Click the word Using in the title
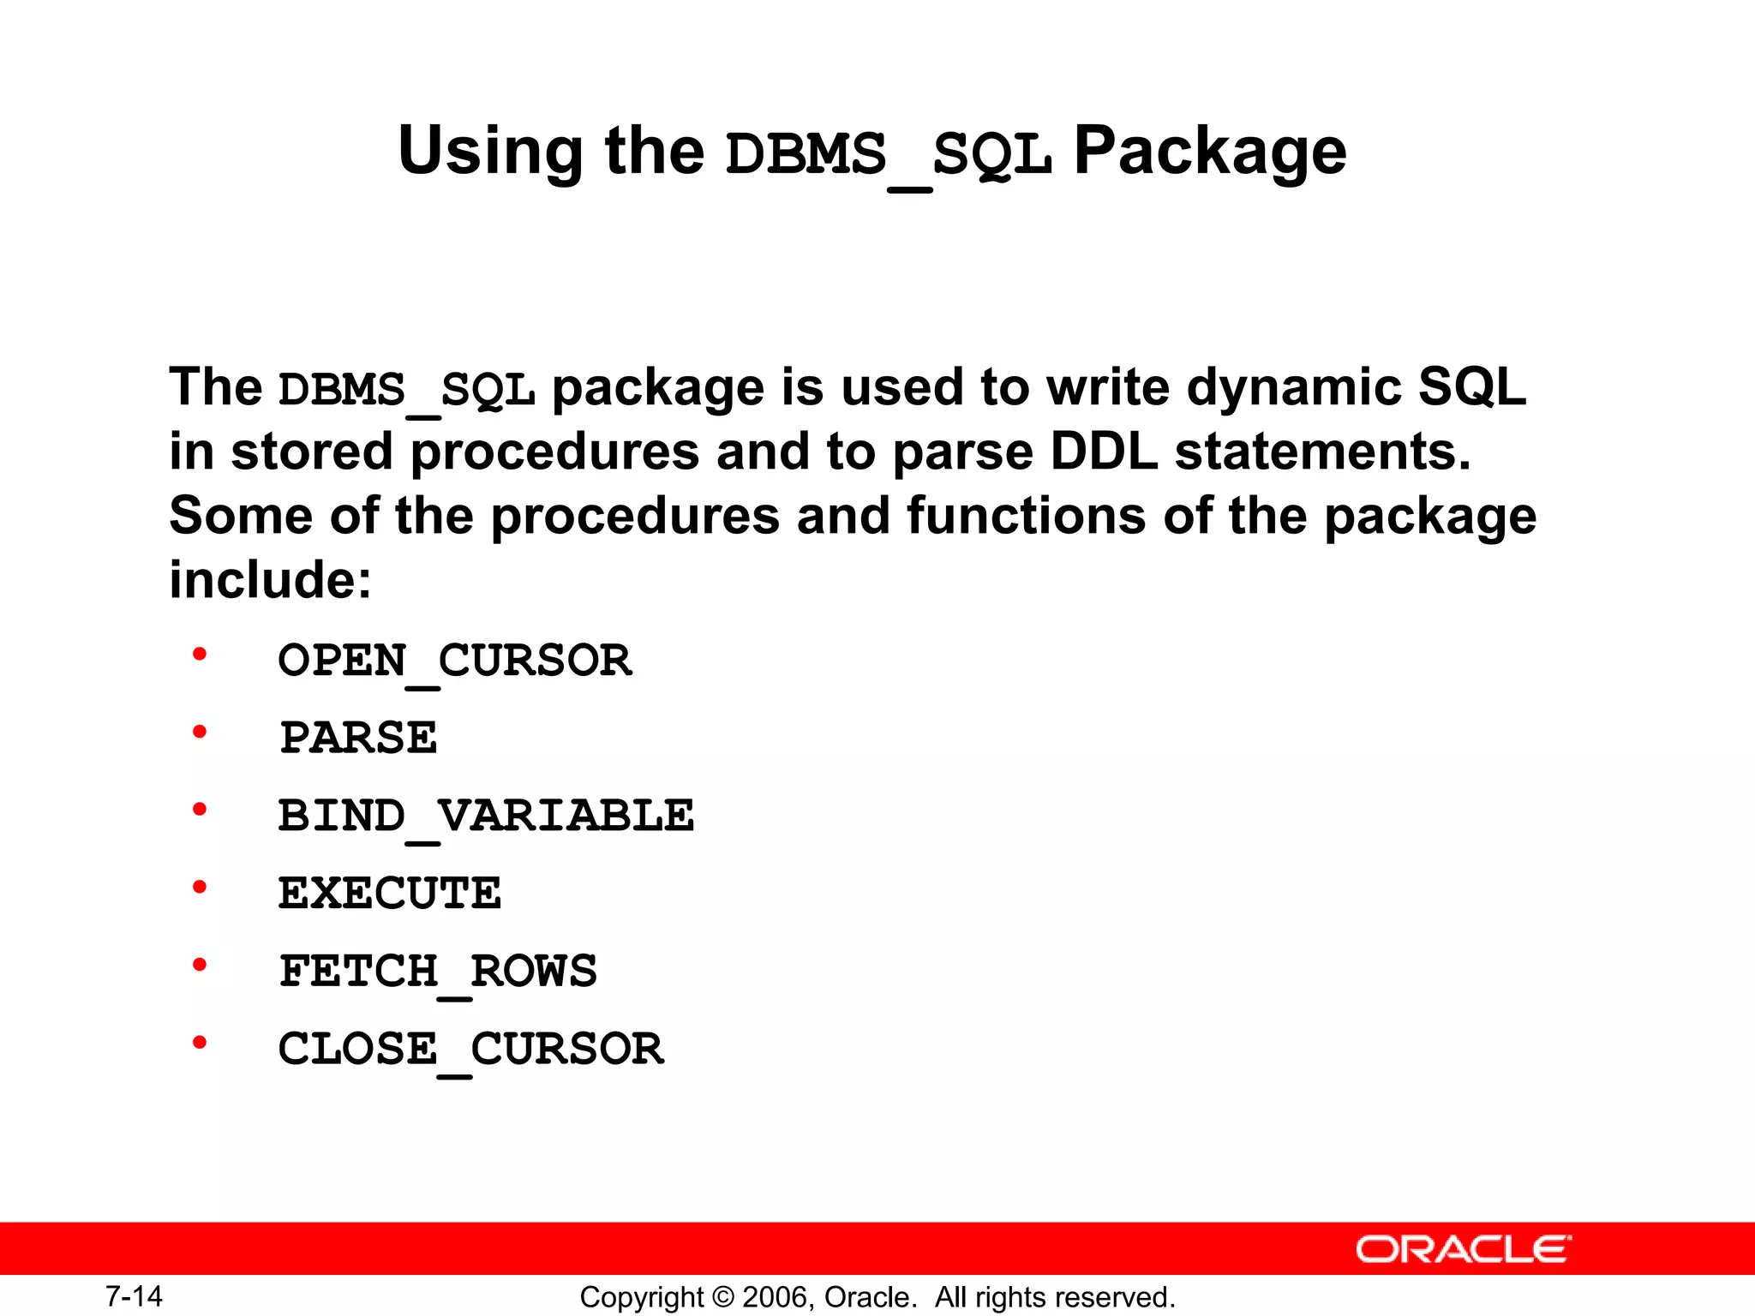point(490,151)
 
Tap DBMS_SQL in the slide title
point(889,155)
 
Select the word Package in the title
point(1209,151)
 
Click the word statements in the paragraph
point(1322,452)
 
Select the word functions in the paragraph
point(1026,516)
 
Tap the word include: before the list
point(270,580)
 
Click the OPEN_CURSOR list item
point(455,661)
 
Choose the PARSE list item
point(358,738)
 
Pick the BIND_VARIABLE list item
point(486,816)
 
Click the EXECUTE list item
point(390,894)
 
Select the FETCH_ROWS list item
point(438,972)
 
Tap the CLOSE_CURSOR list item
point(470,1049)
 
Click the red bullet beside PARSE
point(200,733)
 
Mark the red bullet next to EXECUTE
point(200,888)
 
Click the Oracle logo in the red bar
point(1464,1249)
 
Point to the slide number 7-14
point(134,1296)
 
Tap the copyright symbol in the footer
point(723,1297)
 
